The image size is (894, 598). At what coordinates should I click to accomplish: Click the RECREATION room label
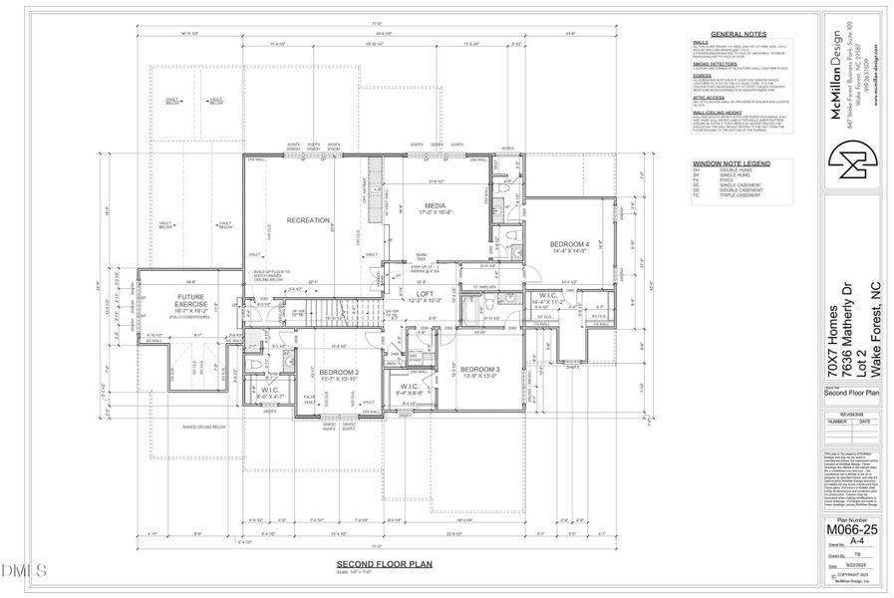coord(308,219)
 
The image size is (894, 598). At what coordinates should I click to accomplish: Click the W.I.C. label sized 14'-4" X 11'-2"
coord(548,297)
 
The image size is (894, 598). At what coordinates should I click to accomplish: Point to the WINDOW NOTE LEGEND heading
coord(731,161)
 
